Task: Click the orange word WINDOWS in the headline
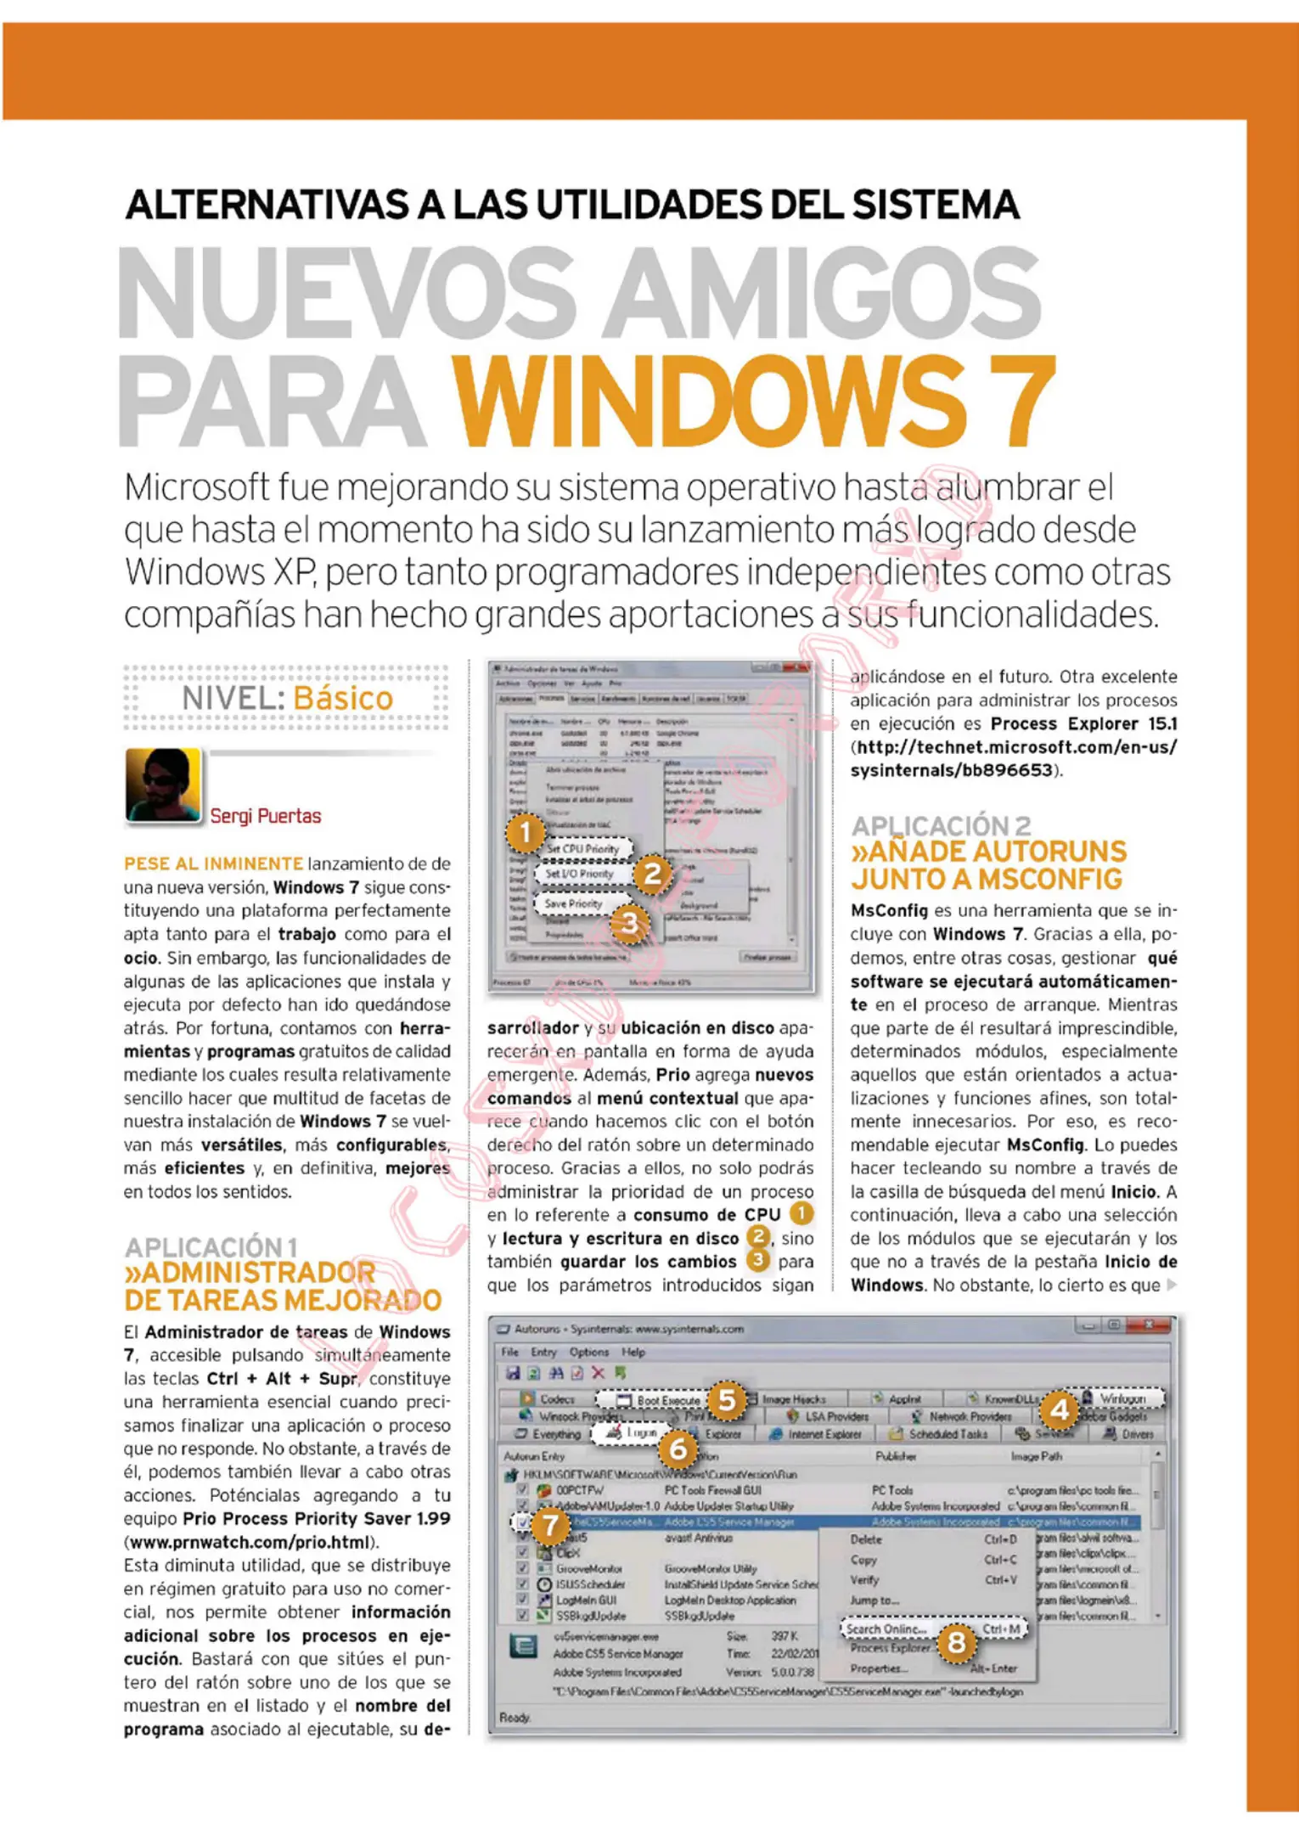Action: (706, 401)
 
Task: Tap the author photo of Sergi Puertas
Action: (163, 785)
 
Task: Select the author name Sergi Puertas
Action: (266, 816)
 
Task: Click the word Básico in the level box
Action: (343, 698)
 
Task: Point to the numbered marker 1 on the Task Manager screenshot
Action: (525, 833)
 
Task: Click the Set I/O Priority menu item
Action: (579, 873)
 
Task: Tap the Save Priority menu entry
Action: (573, 903)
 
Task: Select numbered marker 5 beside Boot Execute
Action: (727, 1399)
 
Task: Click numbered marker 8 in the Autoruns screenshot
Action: (956, 1642)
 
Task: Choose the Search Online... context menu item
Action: (885, 1629)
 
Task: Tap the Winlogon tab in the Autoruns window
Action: (1121, 1398)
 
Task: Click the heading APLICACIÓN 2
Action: (941, 825)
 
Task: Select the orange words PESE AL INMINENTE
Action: (213, 864)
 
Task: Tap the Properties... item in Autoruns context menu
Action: (878, 1668)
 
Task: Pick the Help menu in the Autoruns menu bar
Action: (633, 1352)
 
